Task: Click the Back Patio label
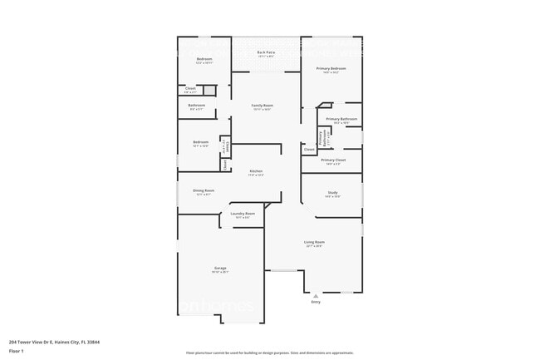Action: (x=266, y=52)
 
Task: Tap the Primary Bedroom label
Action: (x=331, y=68)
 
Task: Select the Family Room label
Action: (x=263, y=106)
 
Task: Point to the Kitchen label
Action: (x=256, y=171)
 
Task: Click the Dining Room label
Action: (x=204, y=190)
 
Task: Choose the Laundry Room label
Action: (x=243, y=214)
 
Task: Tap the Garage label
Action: (x=220, y=268)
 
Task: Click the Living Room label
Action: (x=314, y=242)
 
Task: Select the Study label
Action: (x=331, y=192)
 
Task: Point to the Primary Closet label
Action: (x=333, y=160)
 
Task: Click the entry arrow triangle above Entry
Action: (x=316, y=294)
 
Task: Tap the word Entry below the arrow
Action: (x=316, y=302)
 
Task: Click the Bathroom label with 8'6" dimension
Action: (x=197, y=106)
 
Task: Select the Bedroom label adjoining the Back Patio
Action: (x=204, y=59)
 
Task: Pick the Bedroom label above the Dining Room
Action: (x=201, y=142)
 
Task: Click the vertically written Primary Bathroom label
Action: (x=322, y=140)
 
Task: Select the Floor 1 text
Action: (x=17, y=351)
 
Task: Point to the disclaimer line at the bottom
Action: (x=270, y=353)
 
